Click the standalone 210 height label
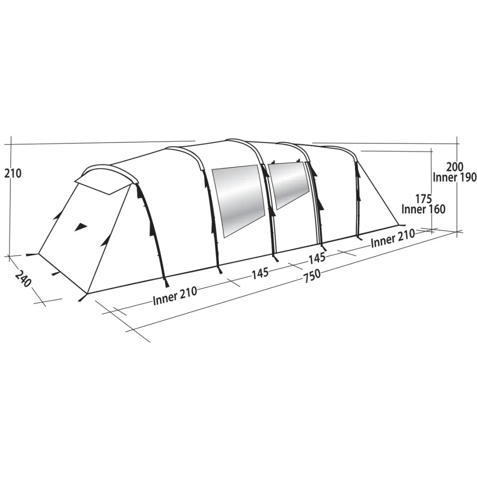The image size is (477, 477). point(13,173)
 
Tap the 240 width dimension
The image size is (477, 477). point(23,279)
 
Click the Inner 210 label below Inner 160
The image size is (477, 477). point(393,239)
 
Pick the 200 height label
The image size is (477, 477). point(455,167)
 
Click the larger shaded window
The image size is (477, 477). point(238,198)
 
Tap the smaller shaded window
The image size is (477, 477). point(289,183)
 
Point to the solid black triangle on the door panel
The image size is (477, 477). point(81,227)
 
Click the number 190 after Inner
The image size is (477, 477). point(467,177)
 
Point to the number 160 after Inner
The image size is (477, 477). point(436,209)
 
